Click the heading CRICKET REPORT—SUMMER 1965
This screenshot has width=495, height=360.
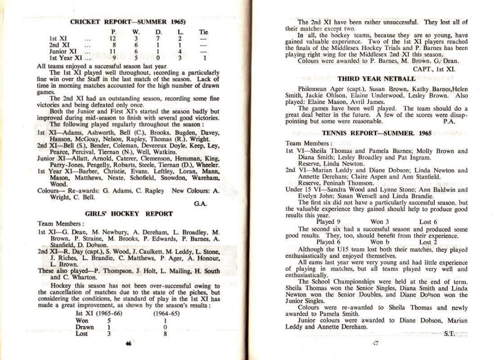coord(128,22)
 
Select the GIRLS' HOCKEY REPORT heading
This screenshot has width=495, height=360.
coord(129,214)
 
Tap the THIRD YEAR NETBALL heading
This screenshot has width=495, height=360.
coord(376,79)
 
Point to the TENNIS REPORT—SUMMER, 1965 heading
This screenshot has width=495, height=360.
coord(377,133)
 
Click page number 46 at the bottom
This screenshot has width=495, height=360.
coord(128,344)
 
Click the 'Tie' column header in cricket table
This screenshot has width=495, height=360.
coord(203,32)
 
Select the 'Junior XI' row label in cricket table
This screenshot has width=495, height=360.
coord(63,51)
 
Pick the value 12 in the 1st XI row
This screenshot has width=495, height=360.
coord(113,39)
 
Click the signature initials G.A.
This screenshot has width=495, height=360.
coord(200,204)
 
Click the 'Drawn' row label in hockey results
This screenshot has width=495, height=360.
coord(85,327)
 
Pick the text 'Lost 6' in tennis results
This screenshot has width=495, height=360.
coord(428,222)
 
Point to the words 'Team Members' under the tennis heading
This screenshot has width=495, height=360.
coord(305,143)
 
